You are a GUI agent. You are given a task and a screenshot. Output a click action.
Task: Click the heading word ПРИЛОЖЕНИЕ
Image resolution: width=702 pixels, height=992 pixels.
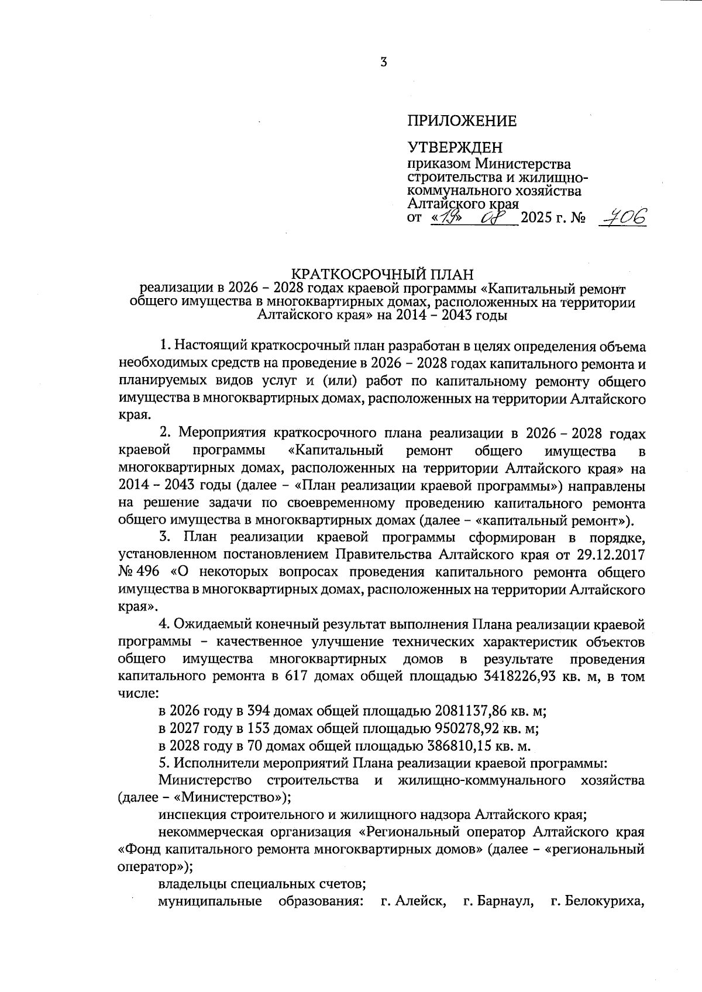tap(462, 121)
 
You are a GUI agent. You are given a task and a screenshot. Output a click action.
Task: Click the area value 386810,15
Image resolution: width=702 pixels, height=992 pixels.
tap(458, 746)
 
